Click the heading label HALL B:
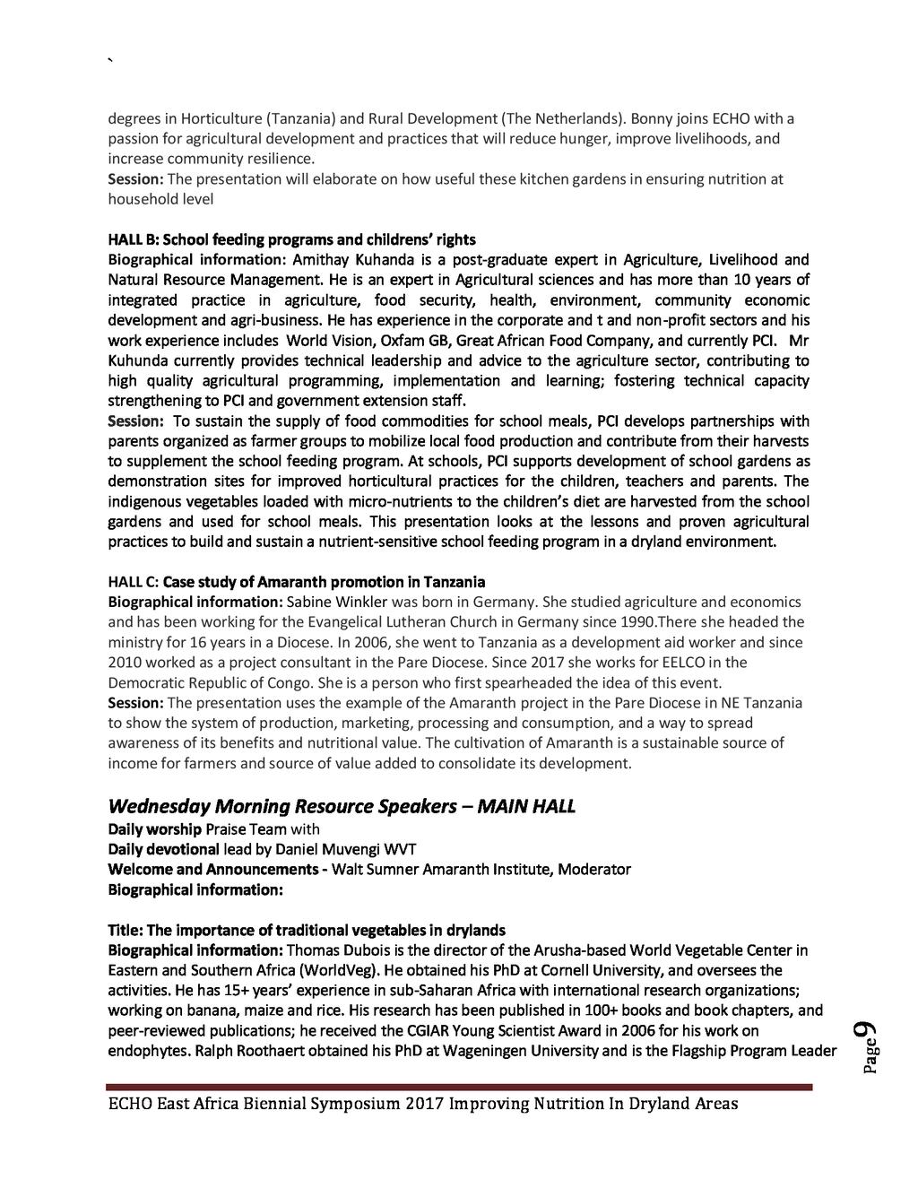pos(134,239)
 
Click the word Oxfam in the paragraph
pos(403,341)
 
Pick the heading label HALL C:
pos(134,582)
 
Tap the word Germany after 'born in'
pos(509,602)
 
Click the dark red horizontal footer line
pos(460,1087)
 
